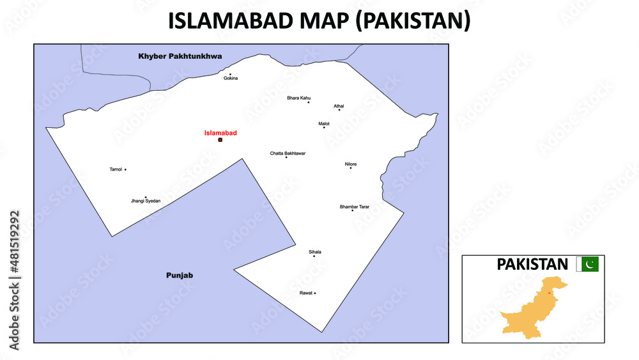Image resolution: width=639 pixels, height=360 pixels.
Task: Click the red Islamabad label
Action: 220,133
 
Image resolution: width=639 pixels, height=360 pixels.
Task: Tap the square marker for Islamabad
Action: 220,139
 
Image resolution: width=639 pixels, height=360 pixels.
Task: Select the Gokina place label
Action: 231,78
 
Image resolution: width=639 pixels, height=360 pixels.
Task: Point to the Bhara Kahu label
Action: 298,98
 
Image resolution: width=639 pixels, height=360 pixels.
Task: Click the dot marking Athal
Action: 339,110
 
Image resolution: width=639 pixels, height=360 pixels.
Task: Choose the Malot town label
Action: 324,123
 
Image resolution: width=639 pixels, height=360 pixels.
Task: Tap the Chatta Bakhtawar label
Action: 288,153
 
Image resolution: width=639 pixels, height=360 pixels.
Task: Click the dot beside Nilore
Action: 350,168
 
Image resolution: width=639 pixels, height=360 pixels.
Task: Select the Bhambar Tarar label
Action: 355,207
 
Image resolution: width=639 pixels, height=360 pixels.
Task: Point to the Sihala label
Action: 314,252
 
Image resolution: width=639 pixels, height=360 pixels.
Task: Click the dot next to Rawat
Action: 315,293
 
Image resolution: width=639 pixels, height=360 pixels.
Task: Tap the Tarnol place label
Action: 116,169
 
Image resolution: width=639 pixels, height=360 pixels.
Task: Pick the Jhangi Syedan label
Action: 146,201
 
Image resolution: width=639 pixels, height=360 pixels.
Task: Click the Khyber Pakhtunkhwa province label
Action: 180,56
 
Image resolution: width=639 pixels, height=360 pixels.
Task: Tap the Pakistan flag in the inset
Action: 588,263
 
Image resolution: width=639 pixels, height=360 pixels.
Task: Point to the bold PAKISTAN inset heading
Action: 532,264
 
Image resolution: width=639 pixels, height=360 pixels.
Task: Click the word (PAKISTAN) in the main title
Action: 412,21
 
